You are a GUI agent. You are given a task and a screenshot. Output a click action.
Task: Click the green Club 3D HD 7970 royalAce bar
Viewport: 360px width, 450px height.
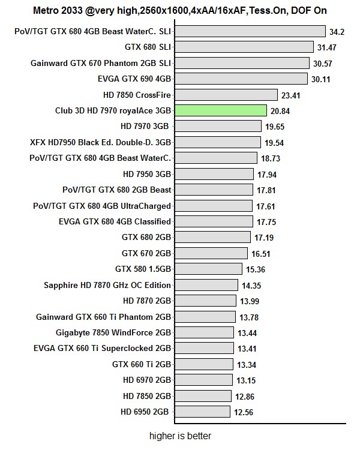pos(220,110)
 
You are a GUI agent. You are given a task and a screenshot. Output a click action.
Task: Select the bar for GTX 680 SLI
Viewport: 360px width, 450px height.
pos(243,47)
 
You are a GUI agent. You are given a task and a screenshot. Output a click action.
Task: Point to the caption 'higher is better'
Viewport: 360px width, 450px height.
pos(180,436)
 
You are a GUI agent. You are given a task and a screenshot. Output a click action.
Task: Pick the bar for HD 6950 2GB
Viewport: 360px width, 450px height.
pos(202,412)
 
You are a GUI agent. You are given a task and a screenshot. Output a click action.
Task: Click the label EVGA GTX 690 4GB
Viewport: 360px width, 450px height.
pos(134,79)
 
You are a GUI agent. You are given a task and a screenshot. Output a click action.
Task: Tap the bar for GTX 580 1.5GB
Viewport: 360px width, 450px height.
pos(208,269)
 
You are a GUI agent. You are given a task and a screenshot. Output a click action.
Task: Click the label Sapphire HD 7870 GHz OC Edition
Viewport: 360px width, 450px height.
pos(107,285)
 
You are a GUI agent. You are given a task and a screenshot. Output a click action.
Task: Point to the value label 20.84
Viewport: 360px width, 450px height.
pos(280,110)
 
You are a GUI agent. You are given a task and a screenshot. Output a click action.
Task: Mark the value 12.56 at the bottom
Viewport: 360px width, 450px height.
pos(244,412)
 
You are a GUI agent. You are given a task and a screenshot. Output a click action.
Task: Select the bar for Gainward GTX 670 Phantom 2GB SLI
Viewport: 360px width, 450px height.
pos(241,63)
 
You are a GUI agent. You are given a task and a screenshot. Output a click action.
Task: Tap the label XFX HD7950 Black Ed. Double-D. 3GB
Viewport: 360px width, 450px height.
pos(100,142)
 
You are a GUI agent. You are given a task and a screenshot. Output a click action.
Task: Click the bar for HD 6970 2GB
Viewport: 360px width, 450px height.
pos(203,380)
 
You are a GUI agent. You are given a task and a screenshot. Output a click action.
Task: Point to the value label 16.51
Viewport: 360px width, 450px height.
pos(260,254)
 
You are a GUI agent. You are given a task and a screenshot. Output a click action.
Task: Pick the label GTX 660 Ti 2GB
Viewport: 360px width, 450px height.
pos(142,364)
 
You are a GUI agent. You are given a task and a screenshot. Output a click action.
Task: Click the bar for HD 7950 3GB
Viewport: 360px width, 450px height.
pos(214,174)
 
